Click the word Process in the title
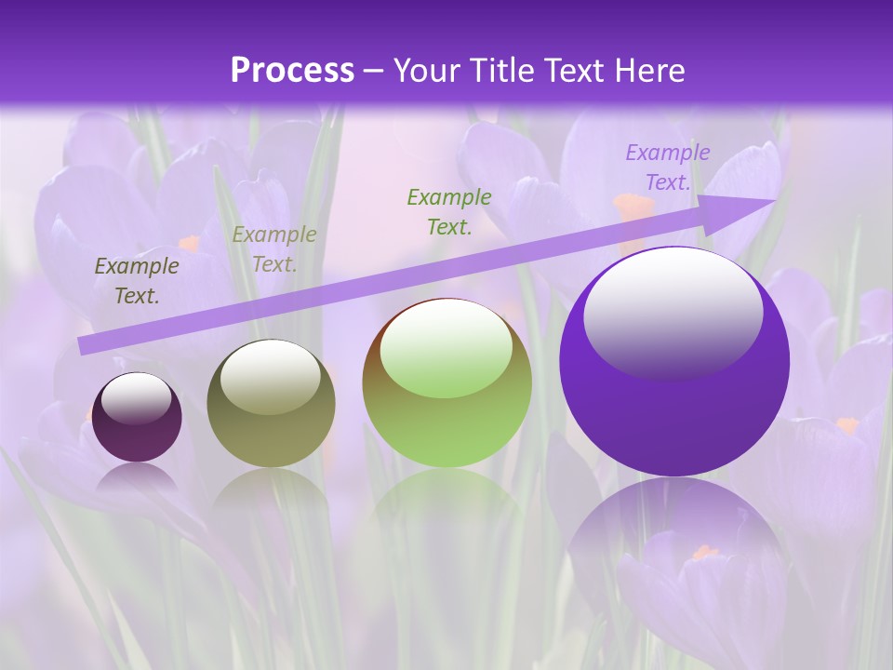coord(292,71)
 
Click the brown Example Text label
coord(137,281)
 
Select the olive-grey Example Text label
coord(273,249)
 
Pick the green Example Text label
coord(449,211)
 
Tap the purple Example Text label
coord(667,167)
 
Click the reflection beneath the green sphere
coord(446,502)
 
